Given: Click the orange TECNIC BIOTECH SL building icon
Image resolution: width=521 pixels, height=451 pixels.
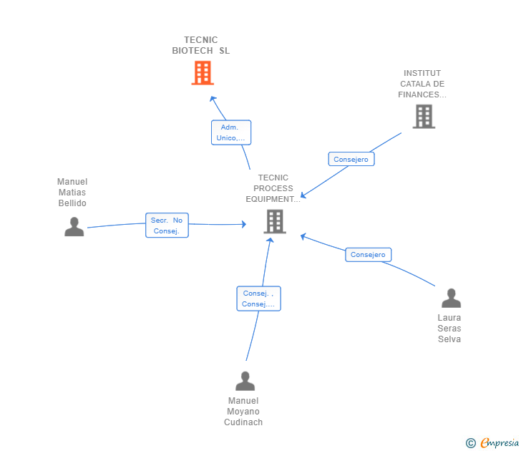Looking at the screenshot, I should [203, 73].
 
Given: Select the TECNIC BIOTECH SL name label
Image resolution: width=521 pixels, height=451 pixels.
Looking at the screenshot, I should [201, 45].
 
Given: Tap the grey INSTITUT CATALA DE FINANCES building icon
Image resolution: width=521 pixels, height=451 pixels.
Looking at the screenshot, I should [424, 116].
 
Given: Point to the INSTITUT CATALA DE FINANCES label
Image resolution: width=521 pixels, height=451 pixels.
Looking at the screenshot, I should [422, 84].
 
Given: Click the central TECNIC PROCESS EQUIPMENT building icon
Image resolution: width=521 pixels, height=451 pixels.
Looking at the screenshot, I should [275, 221].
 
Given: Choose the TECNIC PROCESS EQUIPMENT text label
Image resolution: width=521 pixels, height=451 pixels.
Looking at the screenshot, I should [273, 188].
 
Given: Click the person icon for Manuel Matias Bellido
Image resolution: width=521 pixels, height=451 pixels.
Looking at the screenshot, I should [74, 227].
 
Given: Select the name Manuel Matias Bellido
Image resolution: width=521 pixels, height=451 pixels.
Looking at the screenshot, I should [72, 193].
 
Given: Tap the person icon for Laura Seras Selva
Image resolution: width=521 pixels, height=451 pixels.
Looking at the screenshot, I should [451, 298].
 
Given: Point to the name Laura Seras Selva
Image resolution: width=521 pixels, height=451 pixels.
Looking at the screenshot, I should [449, 329].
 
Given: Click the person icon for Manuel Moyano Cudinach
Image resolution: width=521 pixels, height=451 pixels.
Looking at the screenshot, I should [245, 381].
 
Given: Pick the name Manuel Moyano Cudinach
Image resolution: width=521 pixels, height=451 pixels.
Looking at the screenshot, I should [243, 412].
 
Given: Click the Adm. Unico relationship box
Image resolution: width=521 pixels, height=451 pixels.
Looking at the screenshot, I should [231, 132].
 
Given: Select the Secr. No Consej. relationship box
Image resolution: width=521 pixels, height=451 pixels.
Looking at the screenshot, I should [167, 225].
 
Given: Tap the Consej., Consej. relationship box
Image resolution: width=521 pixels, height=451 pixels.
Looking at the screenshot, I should [258, 299].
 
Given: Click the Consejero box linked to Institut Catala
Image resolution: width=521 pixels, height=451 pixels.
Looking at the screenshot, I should [351, 160].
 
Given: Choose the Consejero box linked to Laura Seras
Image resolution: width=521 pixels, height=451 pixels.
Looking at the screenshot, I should [369, 254].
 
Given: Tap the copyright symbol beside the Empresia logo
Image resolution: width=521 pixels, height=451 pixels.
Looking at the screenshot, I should [471, 443].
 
